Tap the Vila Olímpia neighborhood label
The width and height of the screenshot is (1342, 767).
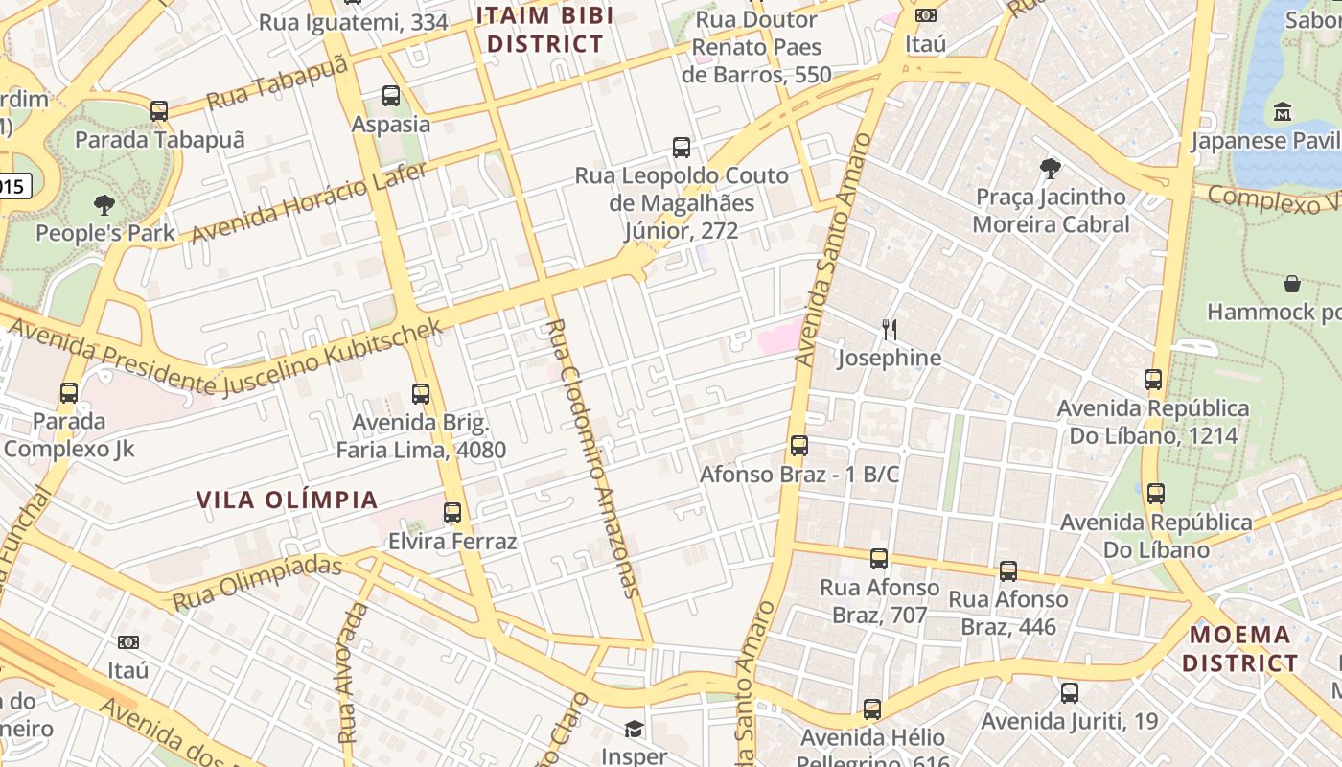click(x=287, y=500)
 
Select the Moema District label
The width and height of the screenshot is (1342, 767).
click(x=1240, y=649)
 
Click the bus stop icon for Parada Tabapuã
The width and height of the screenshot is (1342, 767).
click(x=159, y=111)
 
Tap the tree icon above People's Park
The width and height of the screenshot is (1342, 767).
click(x=104, y=204)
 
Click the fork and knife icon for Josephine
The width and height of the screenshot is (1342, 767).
click(x=890, y=330)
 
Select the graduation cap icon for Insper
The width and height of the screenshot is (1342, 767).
click(x=634, y=729)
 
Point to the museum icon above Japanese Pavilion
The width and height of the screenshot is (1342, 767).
click(x=1283, y=112)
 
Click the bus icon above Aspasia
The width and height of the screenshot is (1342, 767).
click(x=390, y=96)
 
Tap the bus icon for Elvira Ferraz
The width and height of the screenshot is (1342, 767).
click(x=452, y=513)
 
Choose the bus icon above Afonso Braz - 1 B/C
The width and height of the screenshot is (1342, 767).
click(x=799, y=446)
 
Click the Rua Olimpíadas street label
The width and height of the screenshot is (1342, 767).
click(x=257, y=581)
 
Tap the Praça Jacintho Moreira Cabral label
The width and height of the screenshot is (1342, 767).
click(x=1051, y=210)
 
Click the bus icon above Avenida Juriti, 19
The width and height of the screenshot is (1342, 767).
click(x=1070, y=692)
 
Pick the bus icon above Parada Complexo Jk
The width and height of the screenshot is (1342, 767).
click(x=69, y=393)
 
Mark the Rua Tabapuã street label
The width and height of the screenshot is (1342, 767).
click(x=276, y=84)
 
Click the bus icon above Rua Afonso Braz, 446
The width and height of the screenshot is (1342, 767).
click(x=1008, y=571)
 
